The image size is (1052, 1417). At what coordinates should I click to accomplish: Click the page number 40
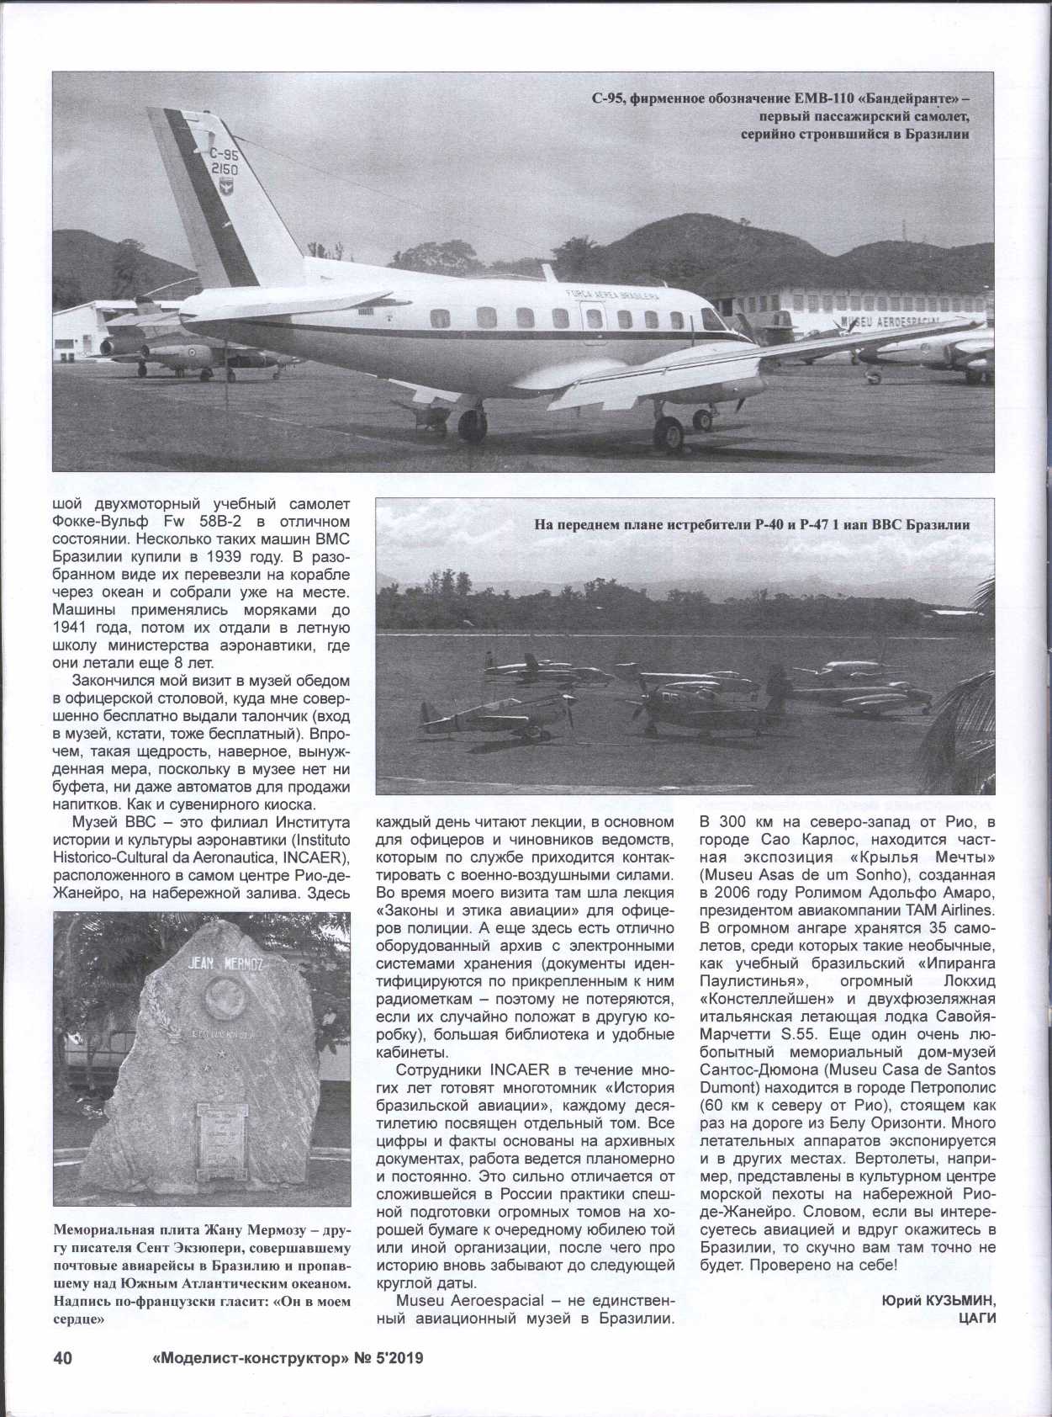coord(64,1358)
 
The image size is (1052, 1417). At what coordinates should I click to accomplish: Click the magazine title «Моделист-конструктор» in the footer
coord(240,1358)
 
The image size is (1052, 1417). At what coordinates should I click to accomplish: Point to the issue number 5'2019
coord(394,1358)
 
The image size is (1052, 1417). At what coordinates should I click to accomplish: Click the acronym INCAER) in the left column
coord(311,857)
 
